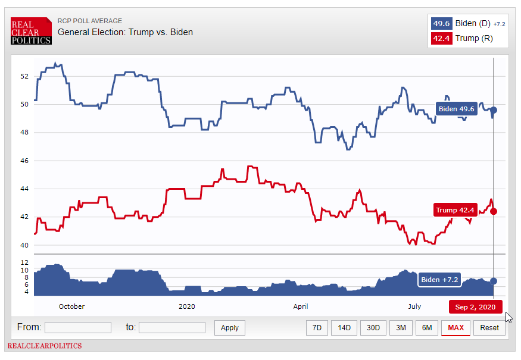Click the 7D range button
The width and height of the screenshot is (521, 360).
click(x=317, y=328)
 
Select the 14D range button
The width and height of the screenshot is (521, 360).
click(x=344, y=328)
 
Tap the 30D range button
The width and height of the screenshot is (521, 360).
click(x=373, y=328)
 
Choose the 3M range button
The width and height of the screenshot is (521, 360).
click(x=401, y=328)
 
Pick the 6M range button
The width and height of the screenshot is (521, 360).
click(x=426, y=328)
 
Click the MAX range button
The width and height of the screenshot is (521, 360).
click(x=456, y=328)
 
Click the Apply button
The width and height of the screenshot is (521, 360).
click(x=229, y=328)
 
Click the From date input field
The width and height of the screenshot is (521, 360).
click(x=77, y=328)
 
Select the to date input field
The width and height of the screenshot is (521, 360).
click(x=171, y=328)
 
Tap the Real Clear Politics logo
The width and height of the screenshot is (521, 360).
click(x=31, y=32)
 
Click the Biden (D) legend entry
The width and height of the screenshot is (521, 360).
click(x=468, y=24)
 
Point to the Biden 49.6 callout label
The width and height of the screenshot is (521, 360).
click(x=456, y=109)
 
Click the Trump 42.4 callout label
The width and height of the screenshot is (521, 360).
click(x=455, y=210)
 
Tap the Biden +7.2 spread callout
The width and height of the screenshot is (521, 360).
click(x=439, y=280)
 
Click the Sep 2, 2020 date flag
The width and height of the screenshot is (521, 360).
click(x=475, y=307)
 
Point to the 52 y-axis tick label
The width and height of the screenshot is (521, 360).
click(x=24, y=76)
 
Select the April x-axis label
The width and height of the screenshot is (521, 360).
click(x=301, y=307)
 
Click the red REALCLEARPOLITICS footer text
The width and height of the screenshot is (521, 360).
click(x=45, y=346)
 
